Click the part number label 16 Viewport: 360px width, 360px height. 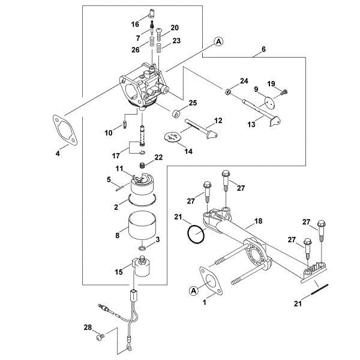point(135,24)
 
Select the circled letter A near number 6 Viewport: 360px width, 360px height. point(218,41)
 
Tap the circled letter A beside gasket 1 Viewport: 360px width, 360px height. point(194,290)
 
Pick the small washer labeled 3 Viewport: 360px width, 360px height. point(142,248)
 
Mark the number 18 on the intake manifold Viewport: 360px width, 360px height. point(258,221)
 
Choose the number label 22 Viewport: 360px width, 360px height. point(158,157)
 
